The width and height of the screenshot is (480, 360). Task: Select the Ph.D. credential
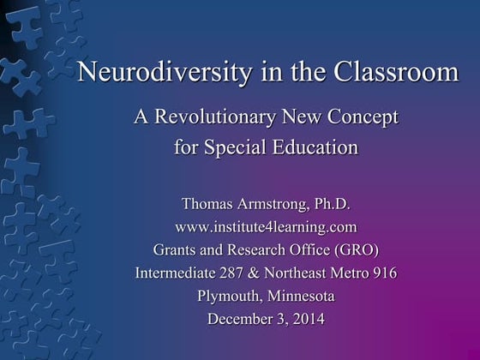329,206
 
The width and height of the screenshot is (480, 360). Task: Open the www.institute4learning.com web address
266,228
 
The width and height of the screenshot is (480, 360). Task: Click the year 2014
305,321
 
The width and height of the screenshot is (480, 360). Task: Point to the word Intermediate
175,274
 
